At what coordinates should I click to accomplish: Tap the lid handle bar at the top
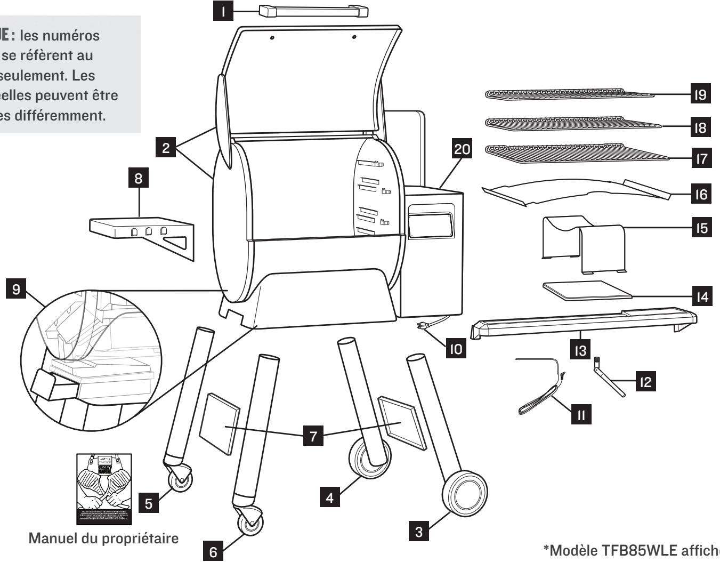313,11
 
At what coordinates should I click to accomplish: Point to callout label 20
462,150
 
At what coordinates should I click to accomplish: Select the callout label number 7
313,436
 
